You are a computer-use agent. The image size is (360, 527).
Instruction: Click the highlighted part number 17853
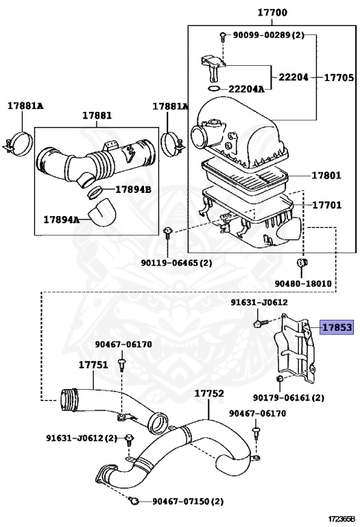336,327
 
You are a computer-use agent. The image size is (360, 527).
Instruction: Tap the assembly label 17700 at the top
272,12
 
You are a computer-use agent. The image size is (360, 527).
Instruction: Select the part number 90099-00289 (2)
268,34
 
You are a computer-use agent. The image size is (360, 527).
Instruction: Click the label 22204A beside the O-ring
246,89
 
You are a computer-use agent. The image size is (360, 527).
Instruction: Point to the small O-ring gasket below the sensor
213,89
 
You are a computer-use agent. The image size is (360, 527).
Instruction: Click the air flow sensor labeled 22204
213,68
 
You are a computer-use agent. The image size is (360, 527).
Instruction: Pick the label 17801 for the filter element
326,175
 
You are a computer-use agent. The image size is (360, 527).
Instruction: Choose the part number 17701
327,204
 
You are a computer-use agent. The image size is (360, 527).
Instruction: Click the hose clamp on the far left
19,144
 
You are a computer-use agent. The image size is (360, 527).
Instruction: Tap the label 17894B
133,189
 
